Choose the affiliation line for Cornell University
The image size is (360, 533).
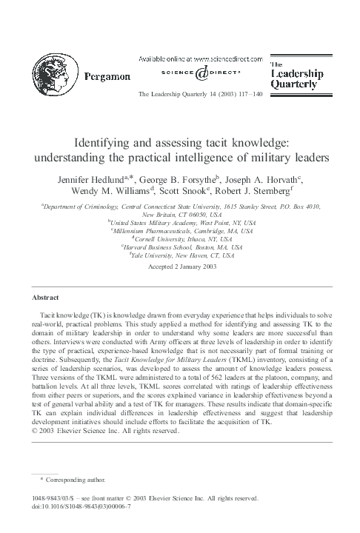tap(180, 238)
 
